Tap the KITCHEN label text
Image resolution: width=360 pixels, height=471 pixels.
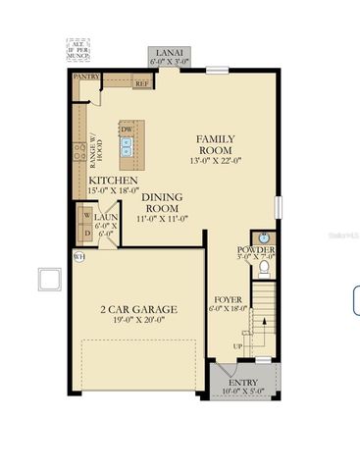[112, 182]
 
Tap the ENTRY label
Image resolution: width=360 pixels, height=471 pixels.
[242, 383]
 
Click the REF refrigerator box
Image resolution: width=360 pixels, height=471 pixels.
[141, 84]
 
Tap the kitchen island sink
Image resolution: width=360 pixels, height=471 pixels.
[127, 148]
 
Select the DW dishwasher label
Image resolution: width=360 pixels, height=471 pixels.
[127, 130]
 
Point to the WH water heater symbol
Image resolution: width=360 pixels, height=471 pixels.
[78, 257]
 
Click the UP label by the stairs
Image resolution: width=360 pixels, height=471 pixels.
[235, 346]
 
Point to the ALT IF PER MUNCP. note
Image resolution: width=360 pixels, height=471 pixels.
[77, 50]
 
